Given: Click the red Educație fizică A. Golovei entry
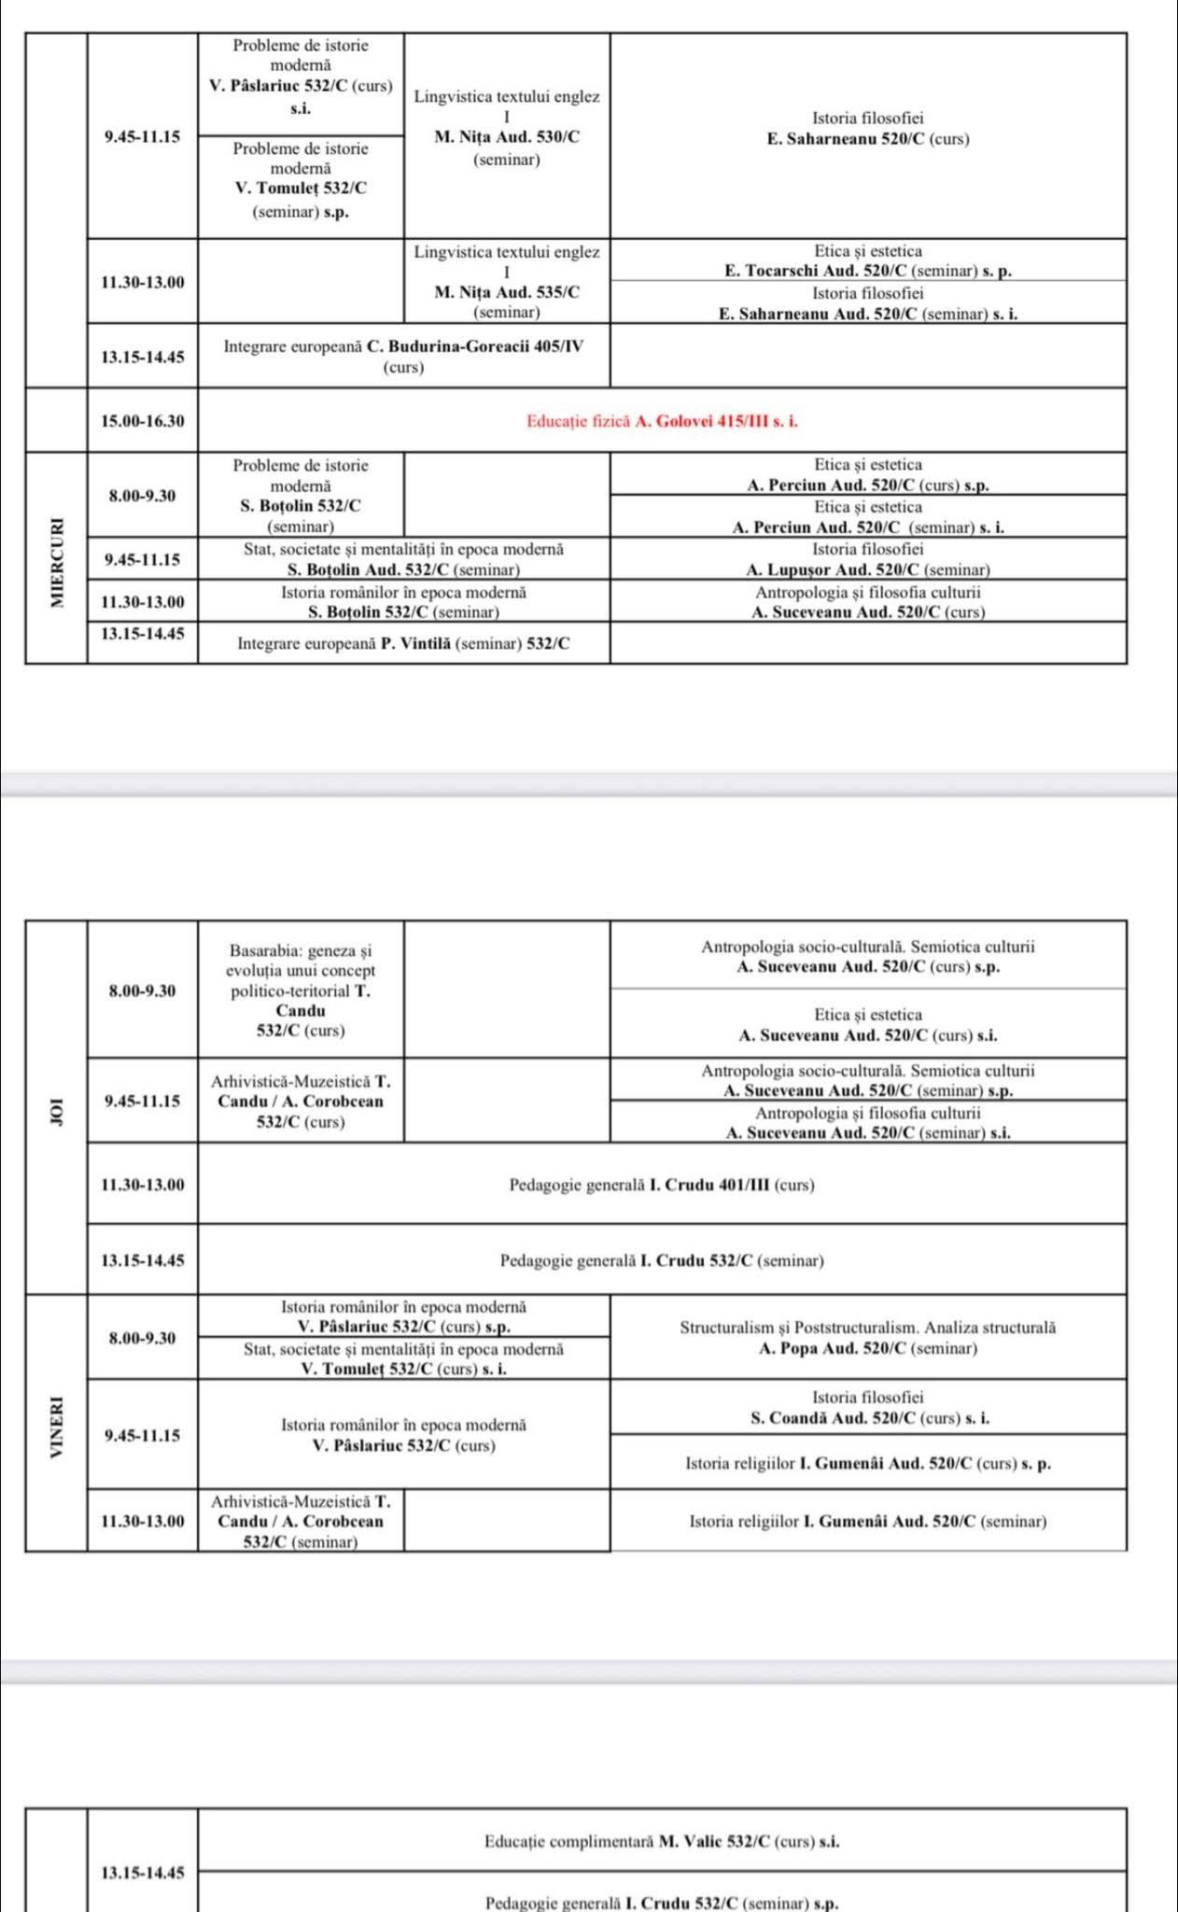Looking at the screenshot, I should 662,421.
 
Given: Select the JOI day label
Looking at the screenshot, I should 58,1109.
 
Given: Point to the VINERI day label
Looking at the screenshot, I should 58,1427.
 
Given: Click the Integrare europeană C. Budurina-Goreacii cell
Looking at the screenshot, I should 403,357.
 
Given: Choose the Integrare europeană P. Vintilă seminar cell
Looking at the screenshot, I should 403,643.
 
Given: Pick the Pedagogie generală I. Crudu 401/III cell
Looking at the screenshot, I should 662,1185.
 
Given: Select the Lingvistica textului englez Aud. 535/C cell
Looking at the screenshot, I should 507,282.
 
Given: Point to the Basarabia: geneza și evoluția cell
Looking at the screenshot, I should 301,991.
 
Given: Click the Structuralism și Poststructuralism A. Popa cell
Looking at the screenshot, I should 867,1338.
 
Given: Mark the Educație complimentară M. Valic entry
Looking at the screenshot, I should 662,1842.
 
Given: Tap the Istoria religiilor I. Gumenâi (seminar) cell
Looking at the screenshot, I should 867,1521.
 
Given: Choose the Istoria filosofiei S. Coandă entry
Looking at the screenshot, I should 867,1408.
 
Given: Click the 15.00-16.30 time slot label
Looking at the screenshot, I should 143,421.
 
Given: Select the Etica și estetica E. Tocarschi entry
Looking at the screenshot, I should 867,260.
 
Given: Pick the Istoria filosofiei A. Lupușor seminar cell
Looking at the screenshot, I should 867,559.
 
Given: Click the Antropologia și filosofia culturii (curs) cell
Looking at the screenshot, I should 867,602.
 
